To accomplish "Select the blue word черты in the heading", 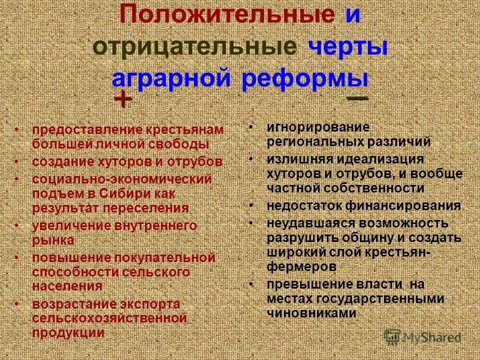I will (348, 47).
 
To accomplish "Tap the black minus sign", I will (357, 98).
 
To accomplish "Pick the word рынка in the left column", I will (53, 240).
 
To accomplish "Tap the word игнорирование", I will (317, 127).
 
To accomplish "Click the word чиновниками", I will (311, 313).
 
